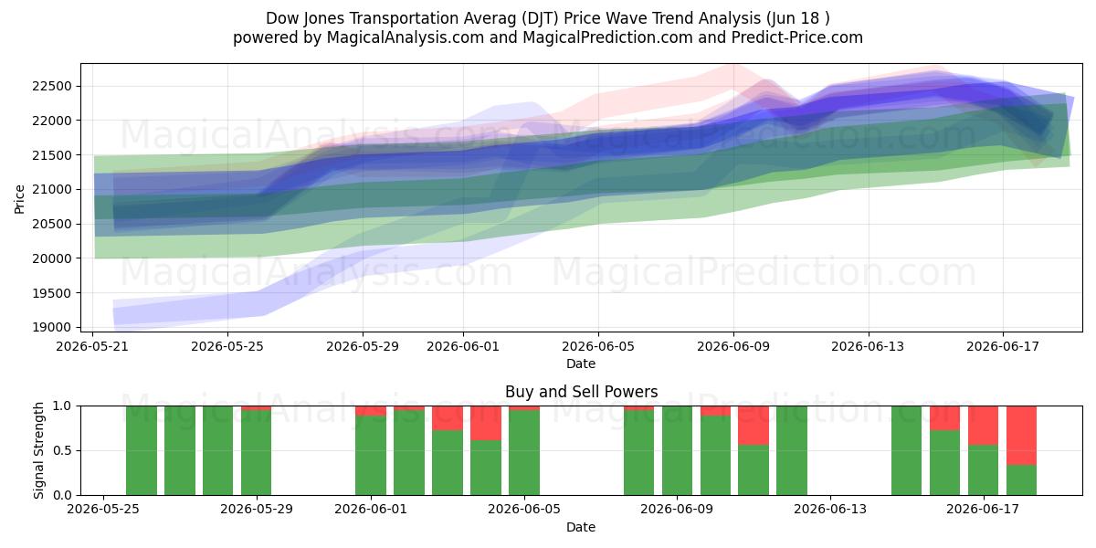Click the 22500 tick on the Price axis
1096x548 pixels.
(x=52, y=87)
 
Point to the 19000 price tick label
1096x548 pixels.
(x=52, y=327)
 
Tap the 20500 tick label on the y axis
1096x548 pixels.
(x=52, y=224)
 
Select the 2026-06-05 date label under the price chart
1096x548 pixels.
(x=598, y=346)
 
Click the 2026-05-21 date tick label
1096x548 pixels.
(x=92, y=346)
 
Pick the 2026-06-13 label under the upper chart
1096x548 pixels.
(x=868, y=346)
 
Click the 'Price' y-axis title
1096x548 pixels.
(x=19, y=199)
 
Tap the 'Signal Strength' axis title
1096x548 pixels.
(x=38, y=450)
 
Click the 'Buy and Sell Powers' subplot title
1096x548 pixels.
(x=581, y=392)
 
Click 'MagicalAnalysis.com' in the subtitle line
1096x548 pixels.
(x=406, y=37)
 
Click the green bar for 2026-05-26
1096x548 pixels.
(x=142, y=450)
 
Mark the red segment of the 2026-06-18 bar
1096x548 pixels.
(x=1022, y=436)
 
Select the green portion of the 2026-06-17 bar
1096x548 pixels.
(x=984, y=469)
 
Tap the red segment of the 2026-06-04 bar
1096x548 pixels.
(x=486, y=423)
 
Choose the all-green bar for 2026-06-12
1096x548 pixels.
(x=792, y=450)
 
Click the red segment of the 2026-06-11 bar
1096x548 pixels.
(x=753, y=426)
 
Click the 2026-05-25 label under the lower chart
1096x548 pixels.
(x=102, y=510)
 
